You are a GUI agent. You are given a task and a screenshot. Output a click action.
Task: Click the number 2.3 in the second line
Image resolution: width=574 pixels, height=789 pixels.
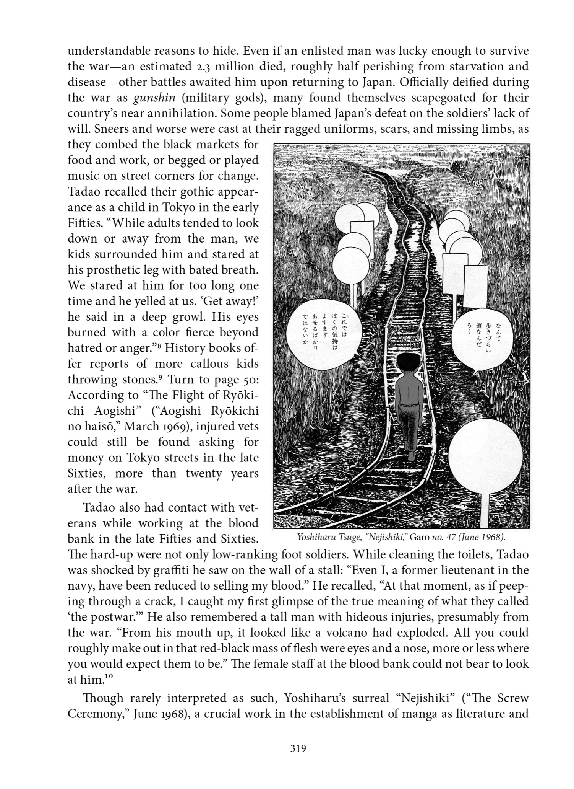pyautogui.click(x=217, y=67)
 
